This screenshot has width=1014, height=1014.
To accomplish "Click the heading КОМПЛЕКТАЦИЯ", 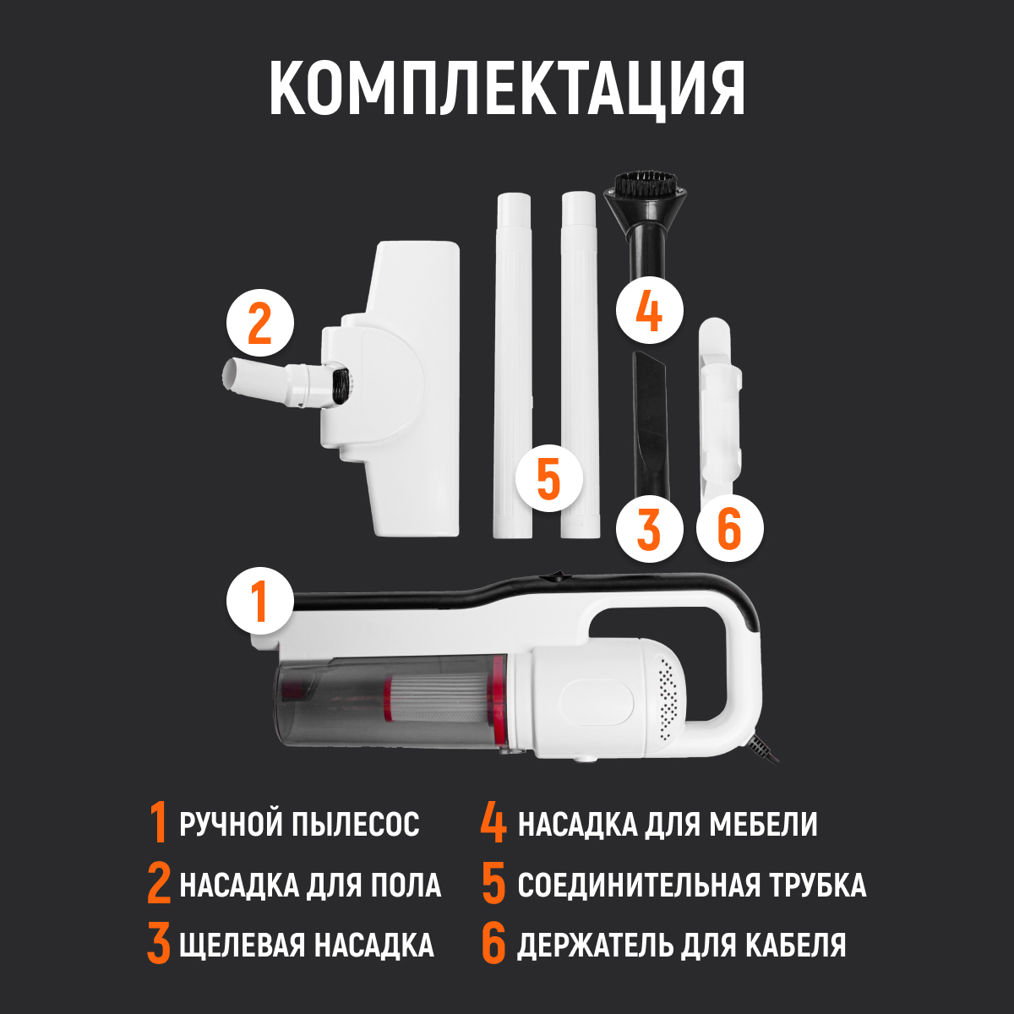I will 507,89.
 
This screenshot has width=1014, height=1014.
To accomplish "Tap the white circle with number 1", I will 260,601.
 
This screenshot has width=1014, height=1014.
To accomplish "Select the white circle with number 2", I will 260,324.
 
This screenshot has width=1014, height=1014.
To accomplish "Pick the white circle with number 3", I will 648,529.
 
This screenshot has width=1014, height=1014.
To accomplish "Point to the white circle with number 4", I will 648,310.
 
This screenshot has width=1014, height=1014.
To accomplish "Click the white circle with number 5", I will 548,478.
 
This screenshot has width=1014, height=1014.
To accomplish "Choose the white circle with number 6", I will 729,529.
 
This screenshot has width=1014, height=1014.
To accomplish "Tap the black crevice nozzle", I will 651,422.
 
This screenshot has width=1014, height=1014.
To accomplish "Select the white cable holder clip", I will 718,397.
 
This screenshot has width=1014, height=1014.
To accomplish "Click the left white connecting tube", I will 513,363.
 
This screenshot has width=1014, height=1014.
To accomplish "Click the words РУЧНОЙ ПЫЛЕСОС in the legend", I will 299,824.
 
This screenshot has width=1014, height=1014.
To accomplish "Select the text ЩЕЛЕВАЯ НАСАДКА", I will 306,945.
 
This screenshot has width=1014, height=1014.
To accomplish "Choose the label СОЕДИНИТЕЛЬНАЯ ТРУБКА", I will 691,885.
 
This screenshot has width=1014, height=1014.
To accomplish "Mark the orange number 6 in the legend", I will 493,945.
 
